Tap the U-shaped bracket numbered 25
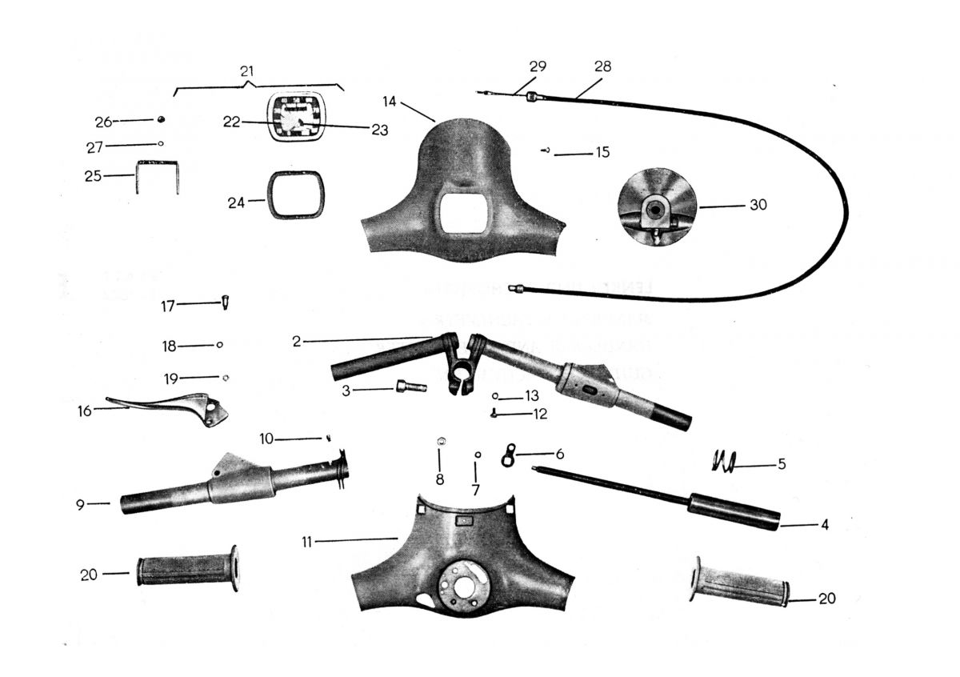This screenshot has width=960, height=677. click(158, 175)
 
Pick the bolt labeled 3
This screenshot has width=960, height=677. click(410, 387)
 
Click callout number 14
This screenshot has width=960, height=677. click(390, 102)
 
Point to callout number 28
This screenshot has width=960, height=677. click(602, 67)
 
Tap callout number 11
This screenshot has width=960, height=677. click(306, 542)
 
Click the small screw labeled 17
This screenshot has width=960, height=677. click(225, 303)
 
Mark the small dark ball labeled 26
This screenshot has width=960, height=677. click(161, 119)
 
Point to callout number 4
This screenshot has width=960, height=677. click(824, 526)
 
